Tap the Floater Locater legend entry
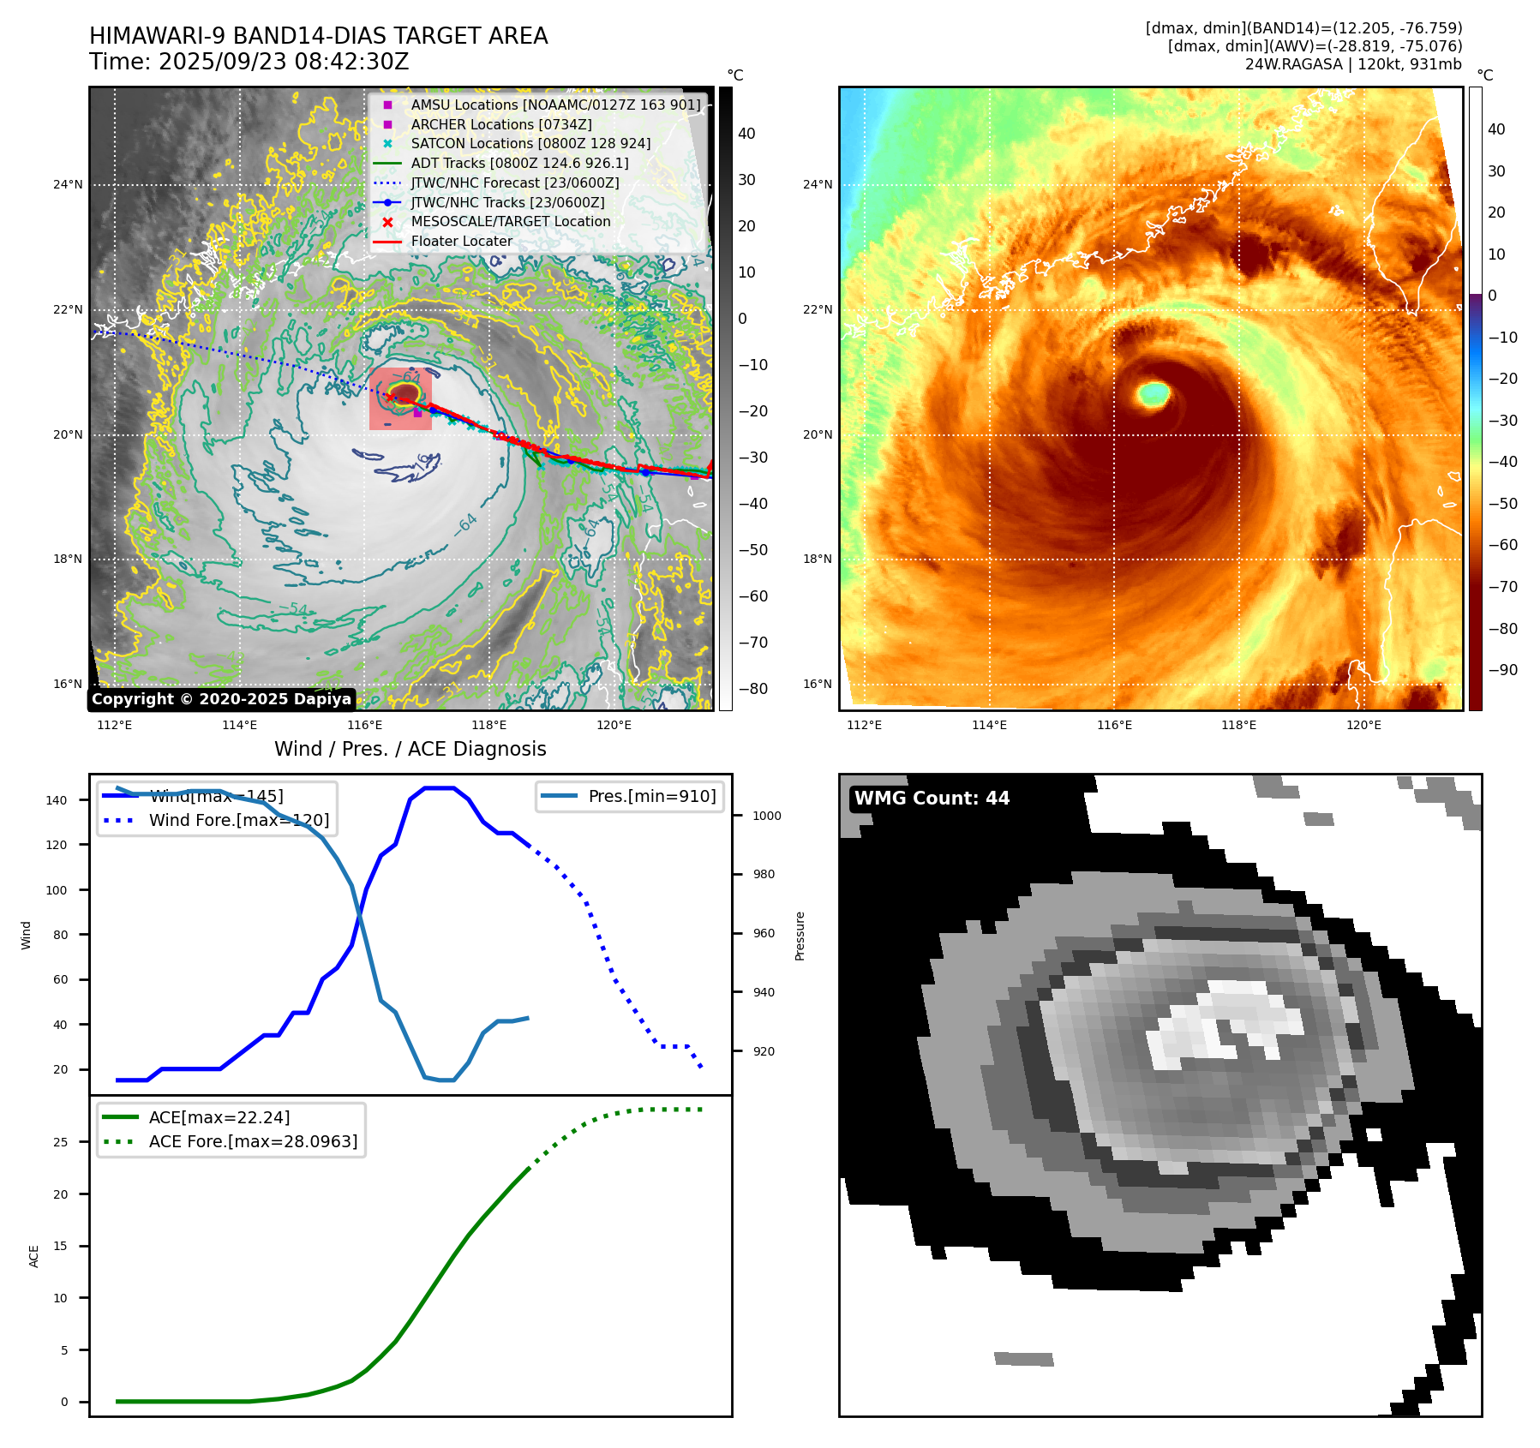point(461,242)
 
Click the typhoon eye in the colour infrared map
point(1154,394)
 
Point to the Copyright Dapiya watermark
point(221,699)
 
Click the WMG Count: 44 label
point(932,799)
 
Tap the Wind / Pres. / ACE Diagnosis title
point(410,749)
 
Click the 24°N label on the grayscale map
point(69,184)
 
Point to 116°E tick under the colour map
point(1114,726)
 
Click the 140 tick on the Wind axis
point(57,800)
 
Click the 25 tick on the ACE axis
point(60,1142)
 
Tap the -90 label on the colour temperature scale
point(1502,670)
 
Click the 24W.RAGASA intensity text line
point(1353,64)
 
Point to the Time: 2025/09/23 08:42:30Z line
point(249,62)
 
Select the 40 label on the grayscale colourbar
point(746,134)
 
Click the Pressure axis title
point(800,936)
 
